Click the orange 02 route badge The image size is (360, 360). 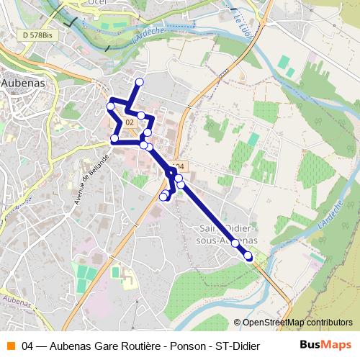130,123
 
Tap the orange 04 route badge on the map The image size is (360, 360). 179,166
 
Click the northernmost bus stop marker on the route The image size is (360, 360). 140,82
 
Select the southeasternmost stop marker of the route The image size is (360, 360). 248,256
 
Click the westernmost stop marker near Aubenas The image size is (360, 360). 111,107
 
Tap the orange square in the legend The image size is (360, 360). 10,345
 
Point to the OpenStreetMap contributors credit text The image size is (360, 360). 297,323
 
